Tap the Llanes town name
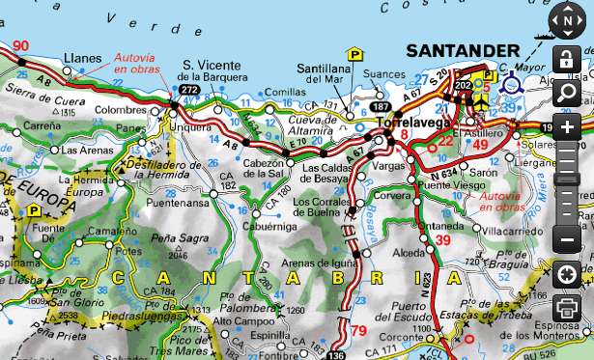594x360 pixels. (x=82, y=57)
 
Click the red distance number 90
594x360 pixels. (x=21, y=45)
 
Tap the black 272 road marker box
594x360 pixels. (x=188, y=90)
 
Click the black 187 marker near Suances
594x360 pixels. (x=382, y=106)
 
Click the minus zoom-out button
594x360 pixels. (x=567, y=238)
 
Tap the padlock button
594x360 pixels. (x=567, y=60)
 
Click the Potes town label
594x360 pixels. (x=128, y=250)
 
